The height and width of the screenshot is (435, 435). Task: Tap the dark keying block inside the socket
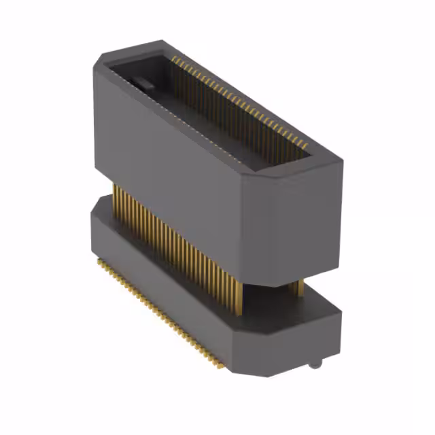tap(142, 84)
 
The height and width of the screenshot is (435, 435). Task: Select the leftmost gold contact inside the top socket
tap(173, 60)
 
